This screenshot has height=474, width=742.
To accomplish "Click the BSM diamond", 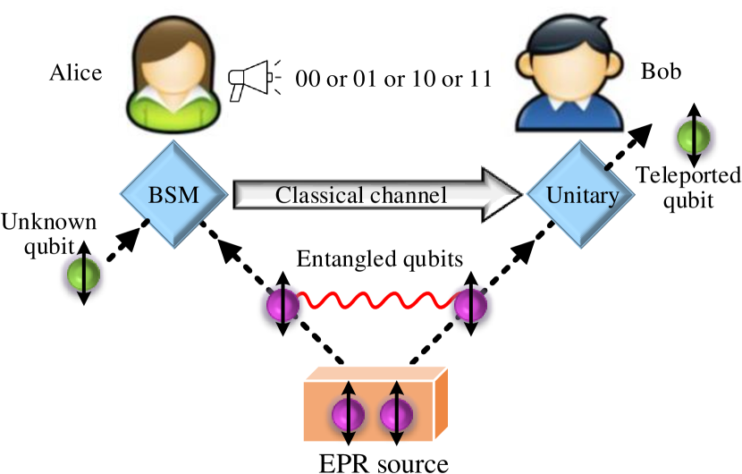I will pos(173,195).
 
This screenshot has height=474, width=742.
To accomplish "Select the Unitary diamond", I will pos(581,195).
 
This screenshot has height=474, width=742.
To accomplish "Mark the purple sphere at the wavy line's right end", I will pos(469,305).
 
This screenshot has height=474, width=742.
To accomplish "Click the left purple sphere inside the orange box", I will pos(348,415).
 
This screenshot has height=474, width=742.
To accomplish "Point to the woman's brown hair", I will pos(143,63).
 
